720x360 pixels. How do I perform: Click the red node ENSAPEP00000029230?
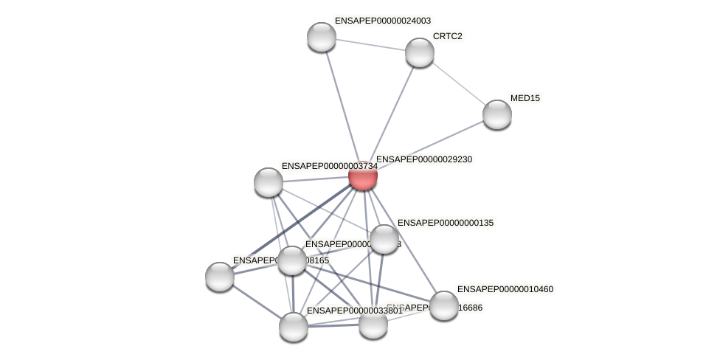tap(363, 176)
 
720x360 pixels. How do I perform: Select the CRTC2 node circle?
tap(420, 52)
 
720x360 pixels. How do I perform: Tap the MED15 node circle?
tap(497, 114)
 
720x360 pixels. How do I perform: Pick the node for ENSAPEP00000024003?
tap(322, 37)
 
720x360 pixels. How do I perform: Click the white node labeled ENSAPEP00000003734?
tap(269, 181)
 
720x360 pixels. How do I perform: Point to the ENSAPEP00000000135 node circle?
tap(384, 238)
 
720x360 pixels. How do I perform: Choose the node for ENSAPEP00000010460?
tap(443, 305)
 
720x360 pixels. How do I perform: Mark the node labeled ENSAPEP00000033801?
tap(294, 326)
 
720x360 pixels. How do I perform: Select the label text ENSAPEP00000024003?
tap(383, 21)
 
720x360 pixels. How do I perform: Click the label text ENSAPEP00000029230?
tap(424, 159)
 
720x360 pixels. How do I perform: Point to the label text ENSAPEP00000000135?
tap(446, 223)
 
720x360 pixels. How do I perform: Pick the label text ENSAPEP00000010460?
tap(505, 289)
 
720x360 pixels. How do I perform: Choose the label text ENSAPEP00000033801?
tap(354, 311)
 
